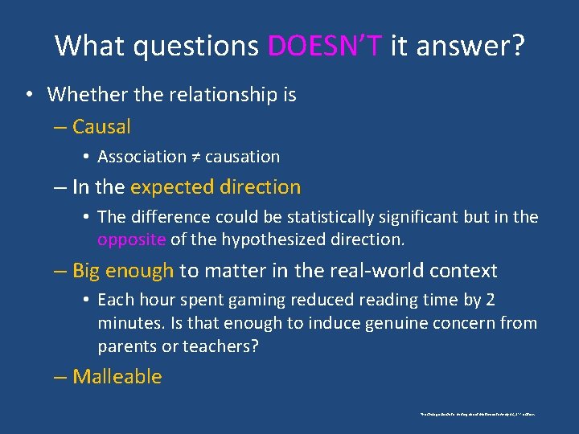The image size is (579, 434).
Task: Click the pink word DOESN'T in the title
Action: [325, 46]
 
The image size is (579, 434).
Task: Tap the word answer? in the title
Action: [474, 46]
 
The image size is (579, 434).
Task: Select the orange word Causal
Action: [101, 127]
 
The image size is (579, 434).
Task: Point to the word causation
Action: [242, 157]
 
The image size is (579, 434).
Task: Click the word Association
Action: [142, 157]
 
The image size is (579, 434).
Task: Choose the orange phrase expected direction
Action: [215, 187]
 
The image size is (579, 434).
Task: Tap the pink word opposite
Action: [132, 240]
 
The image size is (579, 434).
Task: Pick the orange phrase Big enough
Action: [122, 271]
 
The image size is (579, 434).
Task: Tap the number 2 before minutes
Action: [491, 301]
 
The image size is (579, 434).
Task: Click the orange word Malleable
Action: [117, 377]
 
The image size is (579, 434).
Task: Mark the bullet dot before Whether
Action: [28, 95]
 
